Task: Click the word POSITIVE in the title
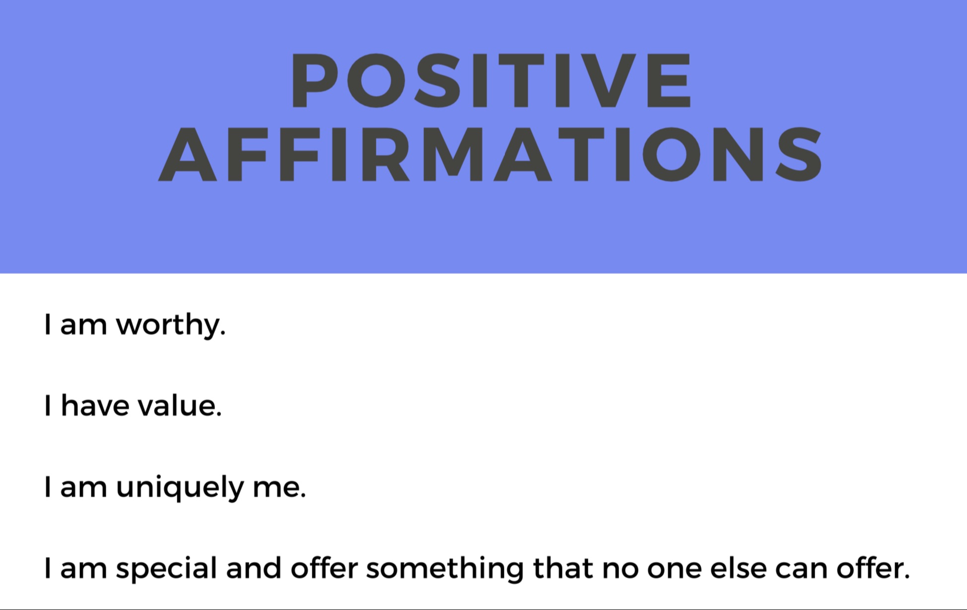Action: point(490,80)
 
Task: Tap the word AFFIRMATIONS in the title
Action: point(490,154)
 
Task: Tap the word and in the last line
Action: point(254,568)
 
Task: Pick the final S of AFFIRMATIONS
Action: point(799,154)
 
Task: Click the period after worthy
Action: point(223,333)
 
